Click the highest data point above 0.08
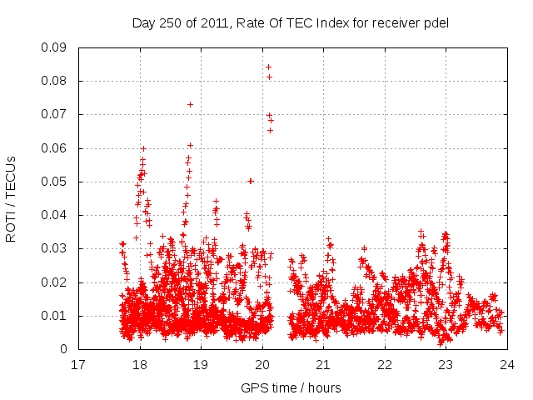point(268,67)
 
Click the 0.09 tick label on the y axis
point(57,47)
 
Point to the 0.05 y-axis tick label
point(57,182)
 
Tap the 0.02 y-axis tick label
point(57,282)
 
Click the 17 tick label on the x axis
point(78,365)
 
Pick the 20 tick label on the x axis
point(262,365)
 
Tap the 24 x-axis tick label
point(507,365)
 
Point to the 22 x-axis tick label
point(385,365)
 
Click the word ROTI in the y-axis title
point(12,223)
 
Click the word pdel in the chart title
point(435,22)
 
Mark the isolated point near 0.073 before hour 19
point(190,104)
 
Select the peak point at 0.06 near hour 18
point(143,148)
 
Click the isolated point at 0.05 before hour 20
point(250,181)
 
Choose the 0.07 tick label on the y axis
point(57,114)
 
